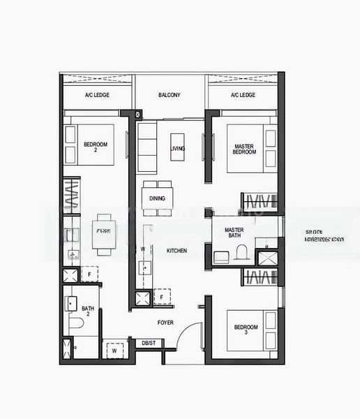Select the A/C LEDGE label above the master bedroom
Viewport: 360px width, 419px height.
coord(241,95)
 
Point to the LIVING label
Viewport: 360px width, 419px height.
coord(177,148)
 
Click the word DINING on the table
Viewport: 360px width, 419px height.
coord(158,198)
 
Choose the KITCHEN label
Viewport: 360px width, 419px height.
coord(177,250)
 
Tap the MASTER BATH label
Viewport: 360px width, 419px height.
coord(234,233)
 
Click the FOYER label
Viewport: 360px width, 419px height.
coord(165,322)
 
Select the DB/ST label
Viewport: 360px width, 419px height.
coord(149,343)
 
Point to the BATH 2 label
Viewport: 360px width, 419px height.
coord(87,311)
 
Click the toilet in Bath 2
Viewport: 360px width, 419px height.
coord(75,325)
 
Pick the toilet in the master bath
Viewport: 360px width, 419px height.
coord(241,256)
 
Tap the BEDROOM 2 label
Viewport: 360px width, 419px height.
coord(95,147)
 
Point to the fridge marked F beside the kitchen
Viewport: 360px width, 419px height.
coord(161,297)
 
